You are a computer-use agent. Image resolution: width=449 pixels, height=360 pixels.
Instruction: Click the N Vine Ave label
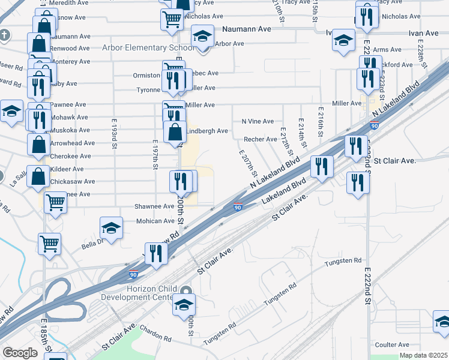pos(258,121)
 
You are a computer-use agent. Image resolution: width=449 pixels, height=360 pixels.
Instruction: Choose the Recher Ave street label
pos(260,139)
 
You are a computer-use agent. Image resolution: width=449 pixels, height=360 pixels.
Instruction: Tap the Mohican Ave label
pos(155,221)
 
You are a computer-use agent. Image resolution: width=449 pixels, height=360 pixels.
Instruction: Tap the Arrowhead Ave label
pos(73,143)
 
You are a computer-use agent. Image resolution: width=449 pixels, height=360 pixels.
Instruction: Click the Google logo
pos(20,353)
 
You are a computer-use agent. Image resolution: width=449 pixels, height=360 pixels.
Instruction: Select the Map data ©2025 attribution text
pos(422,355)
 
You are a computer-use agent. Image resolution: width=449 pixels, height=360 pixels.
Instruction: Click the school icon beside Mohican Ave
pos(112,227)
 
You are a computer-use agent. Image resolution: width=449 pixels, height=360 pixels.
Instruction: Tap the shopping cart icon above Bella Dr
pos(49,243)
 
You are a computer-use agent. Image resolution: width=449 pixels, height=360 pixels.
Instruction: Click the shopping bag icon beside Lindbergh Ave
pos(175,132)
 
